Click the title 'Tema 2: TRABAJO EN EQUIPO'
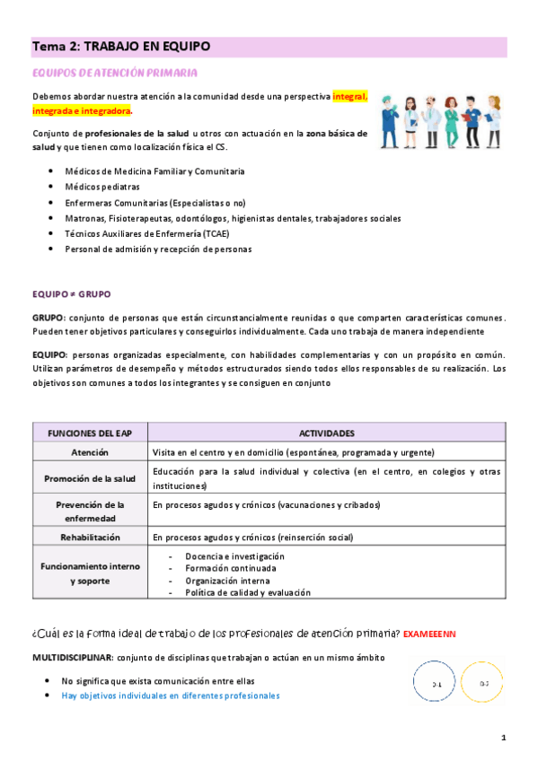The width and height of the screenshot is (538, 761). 122,47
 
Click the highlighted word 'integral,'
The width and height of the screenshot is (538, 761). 349,95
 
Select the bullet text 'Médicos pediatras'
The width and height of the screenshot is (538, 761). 101,187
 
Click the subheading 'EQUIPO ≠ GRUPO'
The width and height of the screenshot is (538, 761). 71,293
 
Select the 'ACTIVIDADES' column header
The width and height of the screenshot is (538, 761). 325,433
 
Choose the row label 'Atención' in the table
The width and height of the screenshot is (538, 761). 90,452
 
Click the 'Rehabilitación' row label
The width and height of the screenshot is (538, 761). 90,537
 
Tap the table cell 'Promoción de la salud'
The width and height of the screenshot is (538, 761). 90,478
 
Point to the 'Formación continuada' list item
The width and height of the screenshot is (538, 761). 231,568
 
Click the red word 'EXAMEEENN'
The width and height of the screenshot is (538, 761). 430,634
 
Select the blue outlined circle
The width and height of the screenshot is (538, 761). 436,684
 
